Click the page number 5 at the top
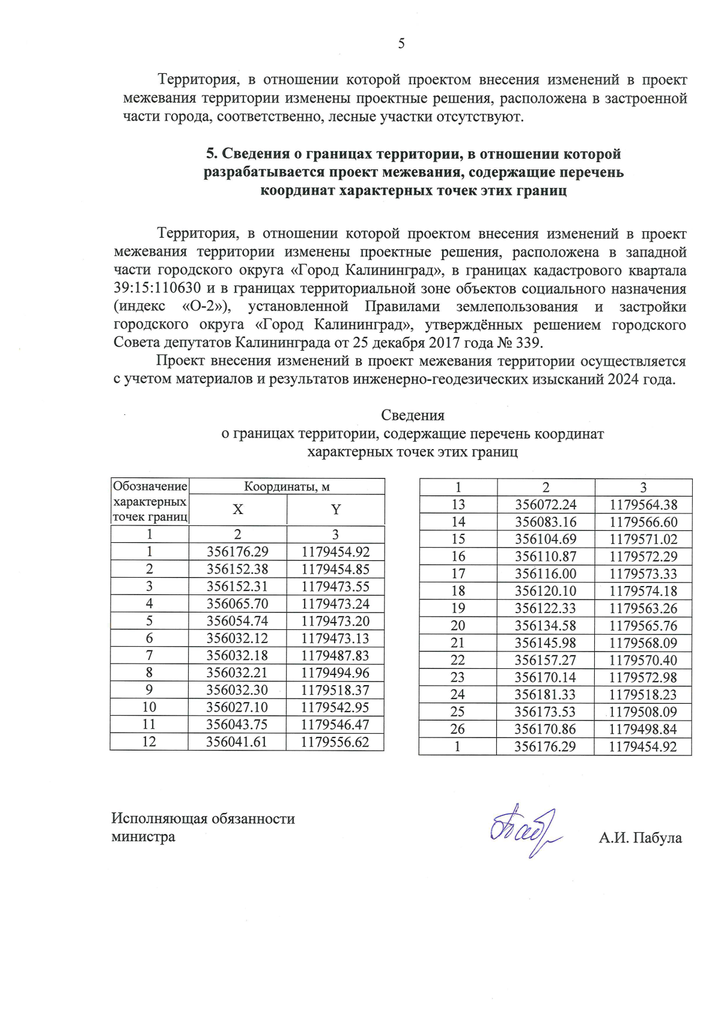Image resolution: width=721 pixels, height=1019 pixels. [x=401, y=44]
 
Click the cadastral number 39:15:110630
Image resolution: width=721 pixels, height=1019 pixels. [x=157, y=288]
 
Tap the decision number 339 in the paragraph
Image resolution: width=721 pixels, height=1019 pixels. [x=529, y=343]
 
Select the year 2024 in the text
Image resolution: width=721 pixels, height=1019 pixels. [x=623, y=379]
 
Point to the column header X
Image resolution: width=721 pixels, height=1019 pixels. [x=238, y=510]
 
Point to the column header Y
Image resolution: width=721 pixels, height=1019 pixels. [x=336, y=510]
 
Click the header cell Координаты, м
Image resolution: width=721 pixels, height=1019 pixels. [x=287, y=486]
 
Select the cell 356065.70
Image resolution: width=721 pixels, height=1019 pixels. [x=237, y=604]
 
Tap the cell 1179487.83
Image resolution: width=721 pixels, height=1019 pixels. [x=335, y=656]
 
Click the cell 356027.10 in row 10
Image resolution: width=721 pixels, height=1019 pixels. [x=237, y=707]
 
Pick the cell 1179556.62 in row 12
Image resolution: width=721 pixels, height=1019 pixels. [x=335, y=742]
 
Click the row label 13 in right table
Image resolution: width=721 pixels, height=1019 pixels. [x=458, y=505]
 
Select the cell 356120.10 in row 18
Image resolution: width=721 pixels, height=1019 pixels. [x=545, y=591]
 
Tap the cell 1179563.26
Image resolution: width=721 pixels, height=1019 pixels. [x=643, y=608]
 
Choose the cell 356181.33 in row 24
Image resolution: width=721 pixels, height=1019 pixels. [x=545, y=695]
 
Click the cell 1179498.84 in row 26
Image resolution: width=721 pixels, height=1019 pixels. [x=643, y=730]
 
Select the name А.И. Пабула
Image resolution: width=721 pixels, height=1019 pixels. [x=640, y=838]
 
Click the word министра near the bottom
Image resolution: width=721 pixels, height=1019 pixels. [x=143, y=837]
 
